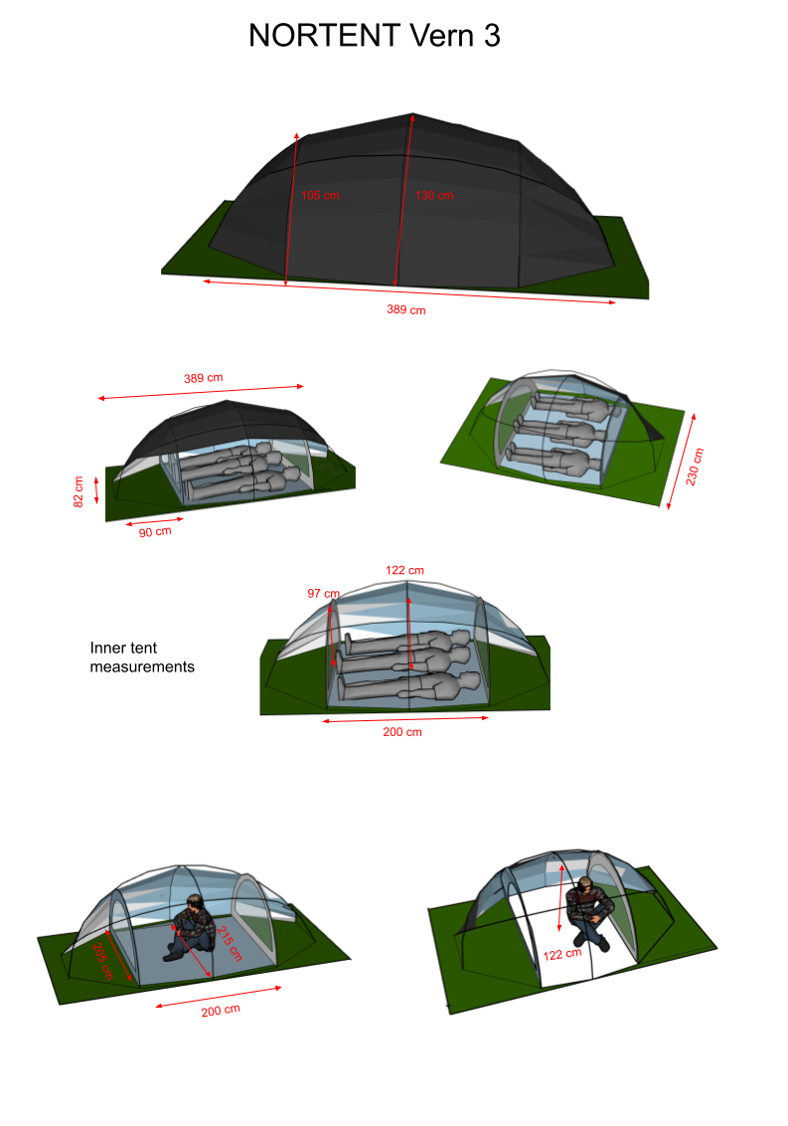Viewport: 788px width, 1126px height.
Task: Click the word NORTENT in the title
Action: pos(324,35)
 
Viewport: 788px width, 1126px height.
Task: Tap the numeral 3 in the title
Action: pos(492,35)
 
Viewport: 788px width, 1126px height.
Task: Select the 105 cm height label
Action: pos(320,195)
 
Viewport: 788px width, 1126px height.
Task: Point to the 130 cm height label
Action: pos(434,195)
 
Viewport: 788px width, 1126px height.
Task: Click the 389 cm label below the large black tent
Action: pos(406,309)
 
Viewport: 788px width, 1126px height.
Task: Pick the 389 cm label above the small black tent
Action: pos(203,378)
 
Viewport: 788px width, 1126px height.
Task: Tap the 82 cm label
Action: pos(79,492)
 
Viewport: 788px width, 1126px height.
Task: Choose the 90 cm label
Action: pos(155,532)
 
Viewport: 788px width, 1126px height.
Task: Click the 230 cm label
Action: pos(694,467)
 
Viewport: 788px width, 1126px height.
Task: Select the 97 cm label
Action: pos(323,593)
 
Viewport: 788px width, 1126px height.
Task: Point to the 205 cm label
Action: pos(102,962)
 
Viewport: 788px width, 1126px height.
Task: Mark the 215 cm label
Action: pos(230,944)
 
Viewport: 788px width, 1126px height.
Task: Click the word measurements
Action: pos(142,667)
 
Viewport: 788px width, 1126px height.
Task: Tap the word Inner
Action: pos(107,648)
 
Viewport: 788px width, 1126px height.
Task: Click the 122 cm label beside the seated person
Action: pos(562,954)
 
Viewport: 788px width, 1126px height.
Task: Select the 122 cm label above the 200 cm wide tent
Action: pos(404,570)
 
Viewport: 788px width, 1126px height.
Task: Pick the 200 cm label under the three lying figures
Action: pos(402,732)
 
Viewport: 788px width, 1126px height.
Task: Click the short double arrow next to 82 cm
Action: pos(96,489)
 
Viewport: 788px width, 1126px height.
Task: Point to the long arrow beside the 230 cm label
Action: pos(681,461)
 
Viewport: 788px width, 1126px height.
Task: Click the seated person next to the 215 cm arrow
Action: pos(190,928)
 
